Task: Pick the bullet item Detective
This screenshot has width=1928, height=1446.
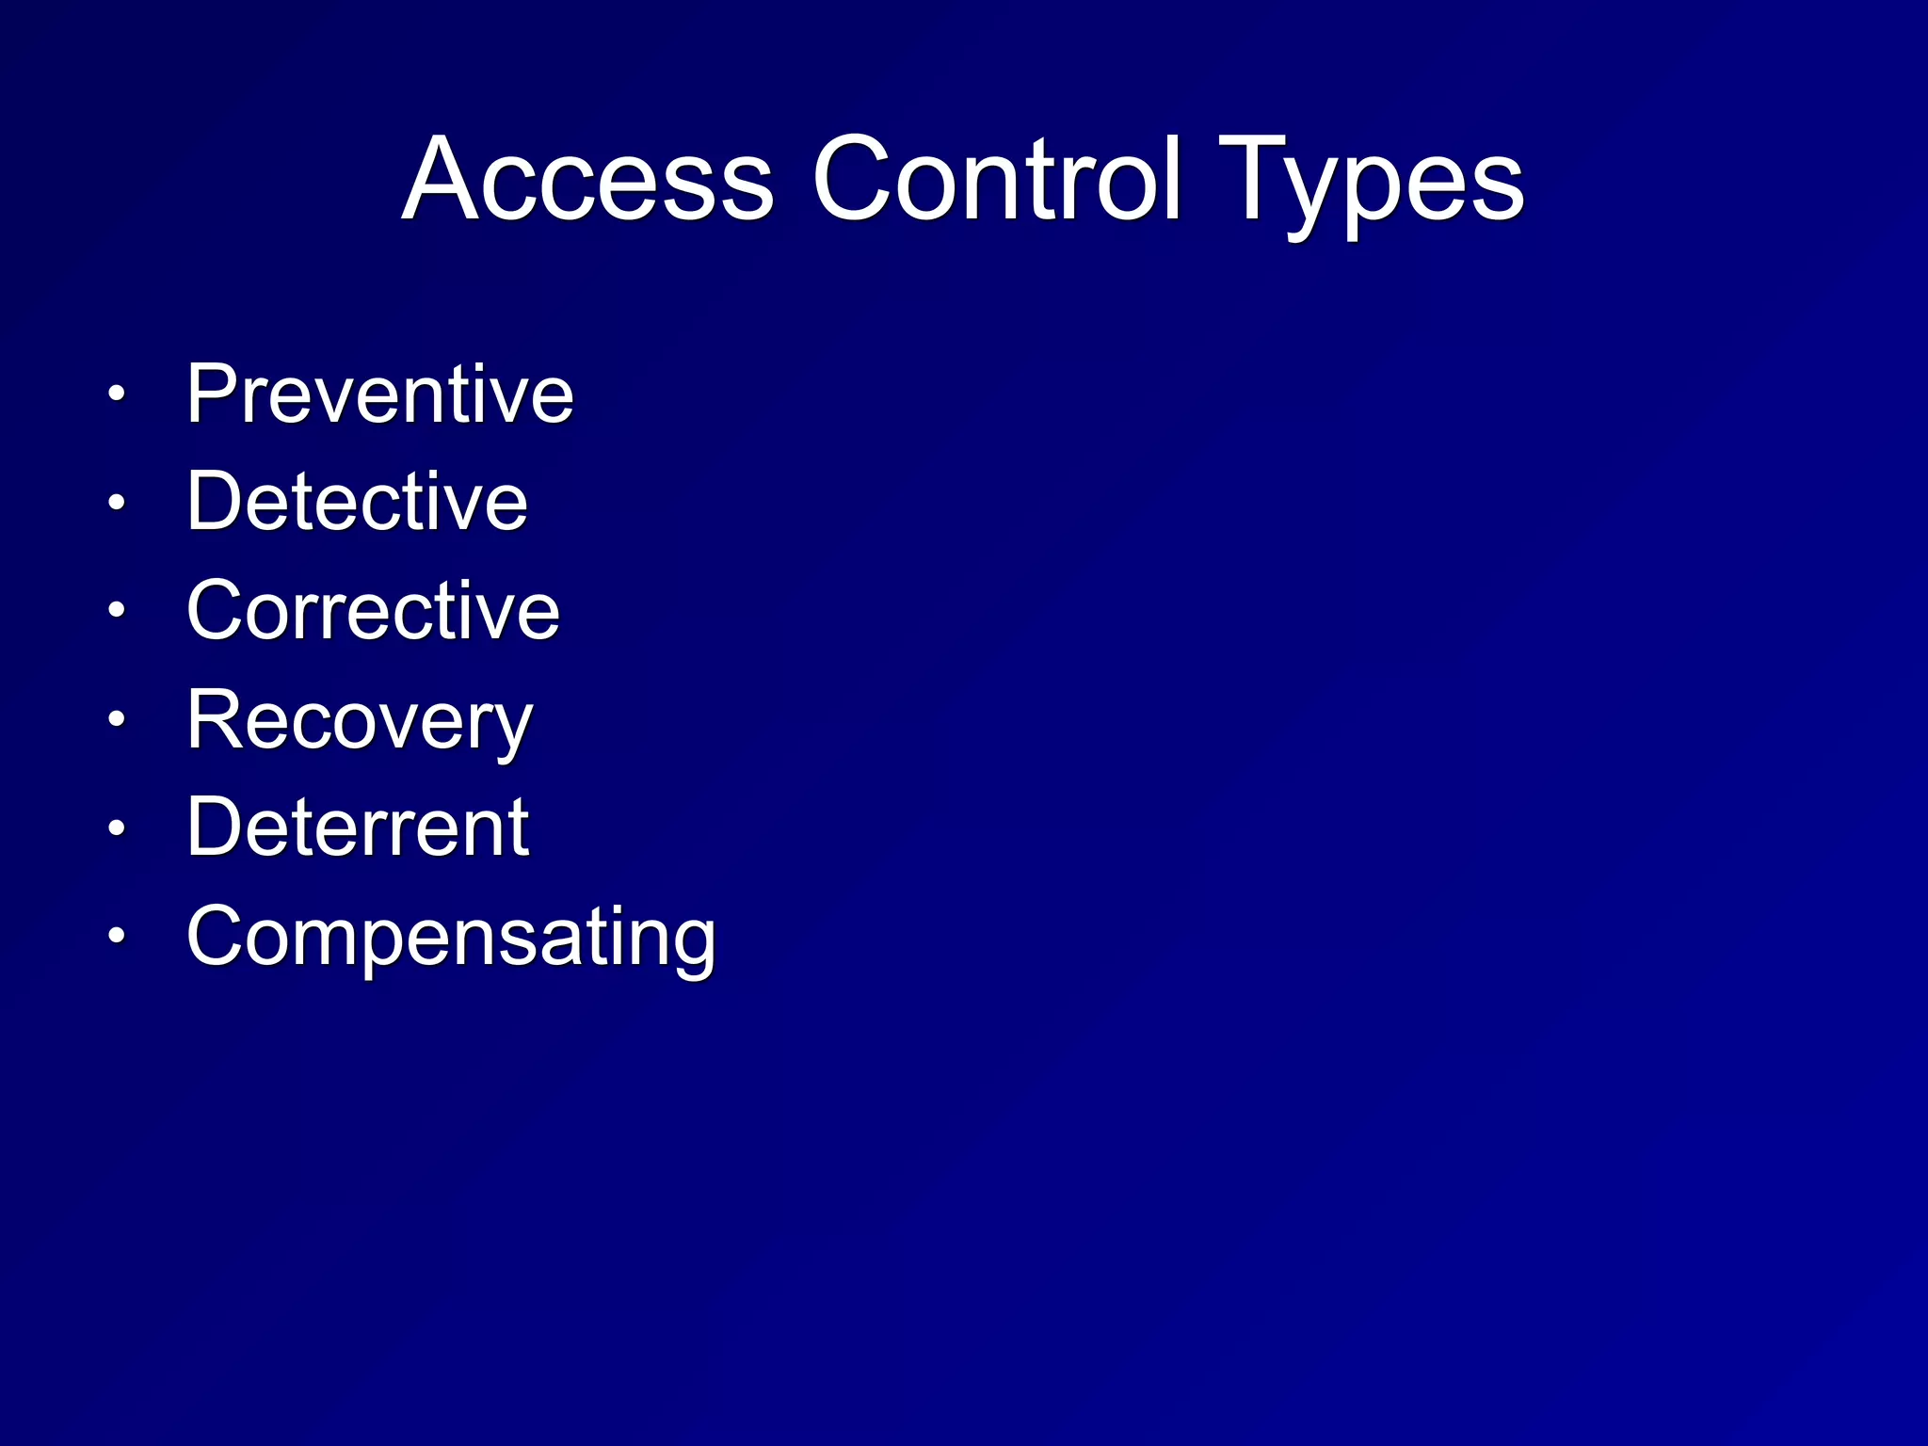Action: point(358,501)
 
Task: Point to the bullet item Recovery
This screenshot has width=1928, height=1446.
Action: point(360,721)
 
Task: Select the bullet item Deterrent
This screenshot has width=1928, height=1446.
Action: point(359,827)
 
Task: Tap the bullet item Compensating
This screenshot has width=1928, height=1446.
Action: point(452,938)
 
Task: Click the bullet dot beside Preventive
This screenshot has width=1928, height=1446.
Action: point(116,394)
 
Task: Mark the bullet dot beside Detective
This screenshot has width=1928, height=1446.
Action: point(116,503)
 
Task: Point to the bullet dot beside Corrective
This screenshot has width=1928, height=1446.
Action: point(116,611)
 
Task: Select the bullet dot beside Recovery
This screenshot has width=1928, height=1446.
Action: point(116,720)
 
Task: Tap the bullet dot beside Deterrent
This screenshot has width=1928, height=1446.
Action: point(116,828)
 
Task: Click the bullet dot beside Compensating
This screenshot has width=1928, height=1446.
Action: point(116,937)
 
